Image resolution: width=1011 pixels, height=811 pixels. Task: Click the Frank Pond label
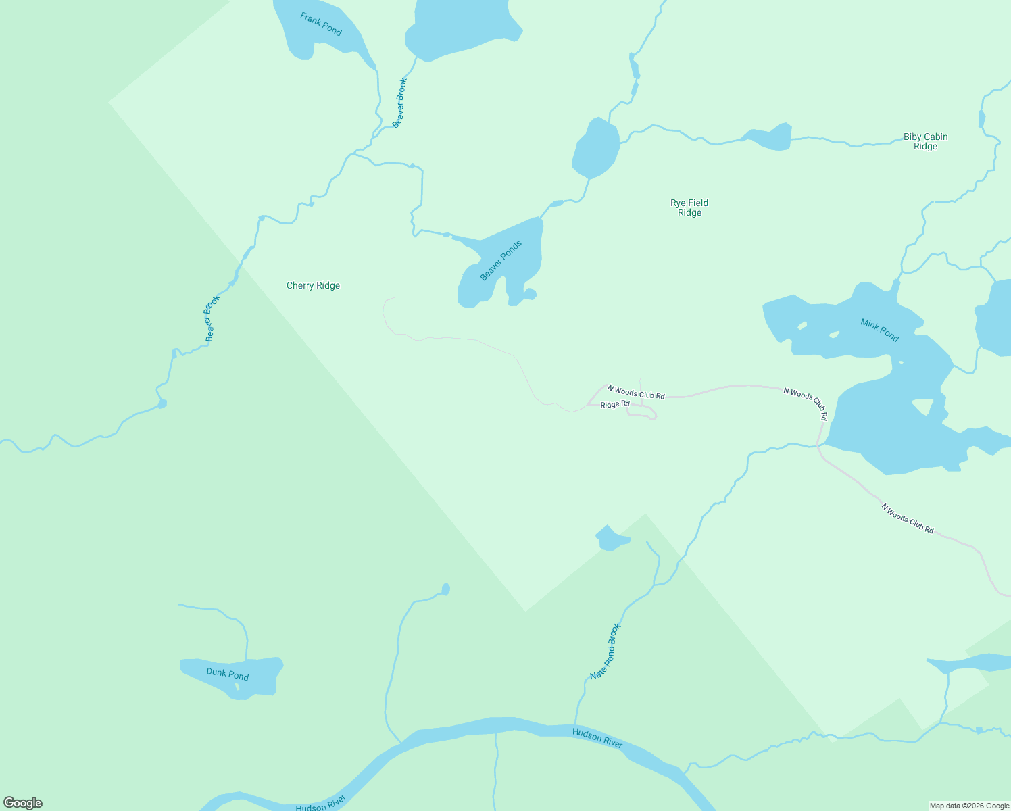pos(321,24)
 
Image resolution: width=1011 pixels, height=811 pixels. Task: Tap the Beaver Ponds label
pos(501,261)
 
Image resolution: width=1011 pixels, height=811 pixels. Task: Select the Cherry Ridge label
pos(313,286)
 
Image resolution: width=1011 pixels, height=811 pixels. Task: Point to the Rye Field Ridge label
pos(689,207)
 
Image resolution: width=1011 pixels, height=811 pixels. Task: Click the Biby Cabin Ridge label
pos(925,141)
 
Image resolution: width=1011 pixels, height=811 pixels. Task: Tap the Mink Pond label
pos(879,330)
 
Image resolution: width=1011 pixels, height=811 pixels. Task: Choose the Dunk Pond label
pos(227,674)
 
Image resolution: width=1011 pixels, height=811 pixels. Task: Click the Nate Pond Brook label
pos(605,652)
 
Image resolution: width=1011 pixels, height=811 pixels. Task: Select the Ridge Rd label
pos(614,404)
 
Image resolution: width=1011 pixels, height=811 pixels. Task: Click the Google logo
pos(22,803)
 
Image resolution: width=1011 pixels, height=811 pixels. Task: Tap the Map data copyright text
pos(968,806)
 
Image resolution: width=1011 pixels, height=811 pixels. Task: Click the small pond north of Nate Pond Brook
pos(612,539)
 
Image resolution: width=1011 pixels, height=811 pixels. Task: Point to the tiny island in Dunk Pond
pos(237,687)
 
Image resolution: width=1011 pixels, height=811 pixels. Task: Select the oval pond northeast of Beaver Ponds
pos(596,149)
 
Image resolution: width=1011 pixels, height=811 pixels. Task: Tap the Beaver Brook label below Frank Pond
pos(400,103)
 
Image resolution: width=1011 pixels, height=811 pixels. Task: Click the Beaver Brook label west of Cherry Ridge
pos(213,318)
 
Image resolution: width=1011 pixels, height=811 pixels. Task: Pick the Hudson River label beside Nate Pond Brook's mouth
pos(597,737)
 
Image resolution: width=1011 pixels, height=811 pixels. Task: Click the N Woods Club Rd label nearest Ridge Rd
pos(636,392)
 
